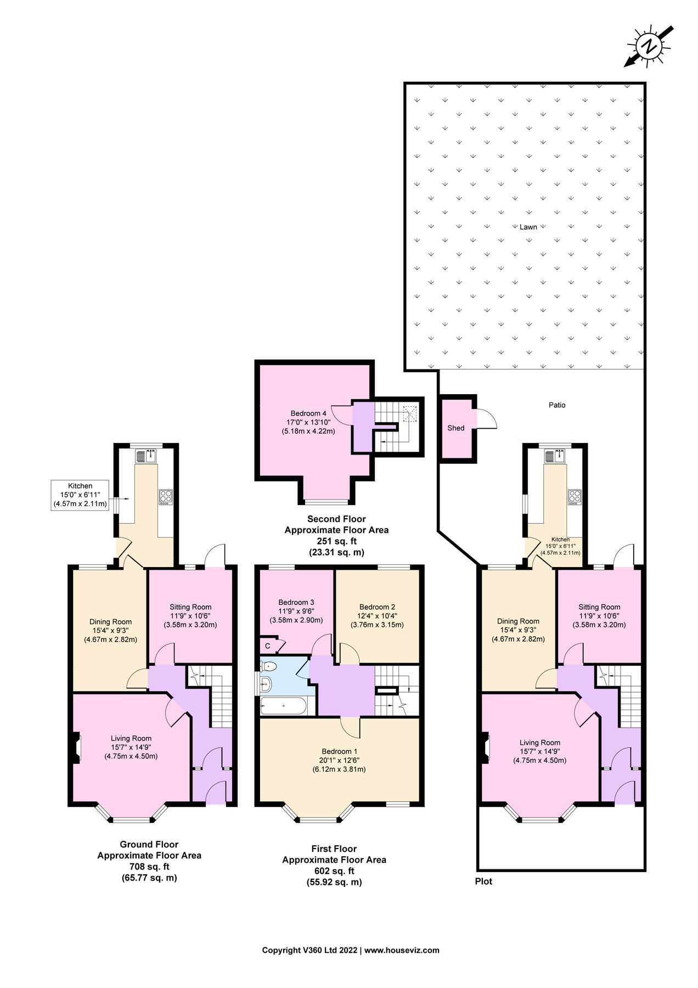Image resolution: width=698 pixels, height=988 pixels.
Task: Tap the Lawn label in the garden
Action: point(528,227)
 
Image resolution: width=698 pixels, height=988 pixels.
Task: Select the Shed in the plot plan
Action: point(456,428)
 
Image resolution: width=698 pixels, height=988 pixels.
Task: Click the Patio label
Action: point(556,405)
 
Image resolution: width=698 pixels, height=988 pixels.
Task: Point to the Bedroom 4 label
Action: point(308,413)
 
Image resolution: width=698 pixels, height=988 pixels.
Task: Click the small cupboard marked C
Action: point(268,647)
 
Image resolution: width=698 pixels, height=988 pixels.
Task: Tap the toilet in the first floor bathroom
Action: point(268,667)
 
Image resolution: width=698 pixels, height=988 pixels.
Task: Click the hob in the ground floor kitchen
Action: point(166,497)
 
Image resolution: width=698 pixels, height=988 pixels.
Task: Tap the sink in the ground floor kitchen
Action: point(147,456)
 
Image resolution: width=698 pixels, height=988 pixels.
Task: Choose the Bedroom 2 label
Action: point(377,607)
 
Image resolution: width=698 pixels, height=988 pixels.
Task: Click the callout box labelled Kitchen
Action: point(80,495)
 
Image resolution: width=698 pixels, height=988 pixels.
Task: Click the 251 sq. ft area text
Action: point(336,541)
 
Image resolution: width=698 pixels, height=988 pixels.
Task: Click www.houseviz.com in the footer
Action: point(402,950)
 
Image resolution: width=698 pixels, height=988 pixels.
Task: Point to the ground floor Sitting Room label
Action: point(190,607)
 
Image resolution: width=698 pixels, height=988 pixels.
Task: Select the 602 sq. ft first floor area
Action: point(334,871)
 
